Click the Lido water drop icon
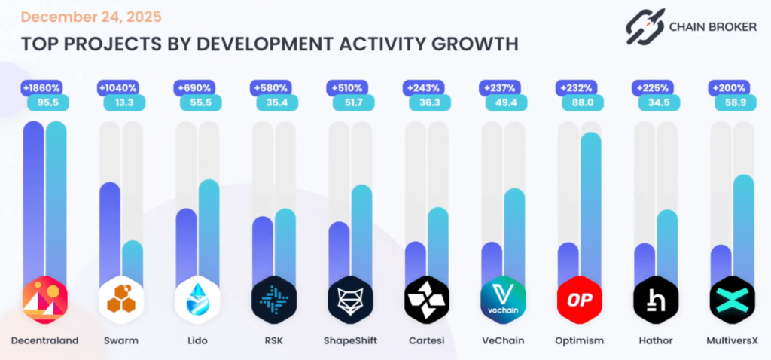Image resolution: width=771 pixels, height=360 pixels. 197,299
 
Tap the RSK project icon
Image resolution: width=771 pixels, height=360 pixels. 274,299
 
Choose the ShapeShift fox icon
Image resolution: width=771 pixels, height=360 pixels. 351,299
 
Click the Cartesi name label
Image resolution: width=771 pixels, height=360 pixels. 426,341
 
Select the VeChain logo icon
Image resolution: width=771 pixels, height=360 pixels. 503,299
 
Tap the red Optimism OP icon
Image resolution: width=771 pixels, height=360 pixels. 579,299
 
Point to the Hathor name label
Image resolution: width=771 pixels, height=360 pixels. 656,341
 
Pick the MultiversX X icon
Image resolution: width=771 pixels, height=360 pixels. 732,299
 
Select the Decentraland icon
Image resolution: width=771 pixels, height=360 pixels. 45,299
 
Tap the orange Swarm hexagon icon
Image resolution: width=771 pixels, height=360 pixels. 121,299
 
